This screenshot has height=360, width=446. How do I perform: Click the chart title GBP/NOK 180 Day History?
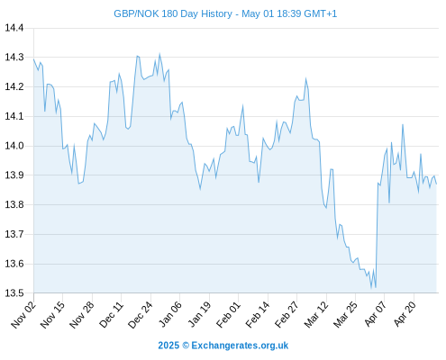[x=173, y=13]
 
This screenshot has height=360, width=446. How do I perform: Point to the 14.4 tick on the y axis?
[x=14, y=28]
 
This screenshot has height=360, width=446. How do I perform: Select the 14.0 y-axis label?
[x=14, y=146]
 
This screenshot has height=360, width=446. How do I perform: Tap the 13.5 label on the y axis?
[x=14, y=293]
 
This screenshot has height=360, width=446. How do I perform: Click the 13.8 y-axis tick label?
[x=14, y=204]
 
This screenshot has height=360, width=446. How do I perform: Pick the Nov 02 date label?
[x=23, y=315]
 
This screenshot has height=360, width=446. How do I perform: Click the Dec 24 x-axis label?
[x=141, y=315]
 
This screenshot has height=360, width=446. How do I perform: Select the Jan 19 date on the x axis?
[x=199, y=315]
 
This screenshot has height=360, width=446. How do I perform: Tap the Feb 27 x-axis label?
[x=287, y=315]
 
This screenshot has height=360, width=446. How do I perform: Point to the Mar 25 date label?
[x=345, y=315]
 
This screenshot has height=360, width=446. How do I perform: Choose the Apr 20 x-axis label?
[x=405, y=314]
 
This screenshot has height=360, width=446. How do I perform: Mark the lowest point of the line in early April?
[x=371, y=289]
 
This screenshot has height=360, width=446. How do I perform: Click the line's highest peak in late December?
[x=159, y=54]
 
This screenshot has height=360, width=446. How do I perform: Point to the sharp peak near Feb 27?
[x=305, y=79]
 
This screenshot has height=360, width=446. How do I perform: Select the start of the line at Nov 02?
[x=33, y=59]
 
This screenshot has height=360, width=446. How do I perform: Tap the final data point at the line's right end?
[x=436, y=184]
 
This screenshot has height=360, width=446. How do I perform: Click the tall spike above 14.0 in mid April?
[x=403, y=124]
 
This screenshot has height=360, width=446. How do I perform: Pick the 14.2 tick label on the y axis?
[x=14, y=87]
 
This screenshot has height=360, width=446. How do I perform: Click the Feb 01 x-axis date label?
[x=228, y=315]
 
